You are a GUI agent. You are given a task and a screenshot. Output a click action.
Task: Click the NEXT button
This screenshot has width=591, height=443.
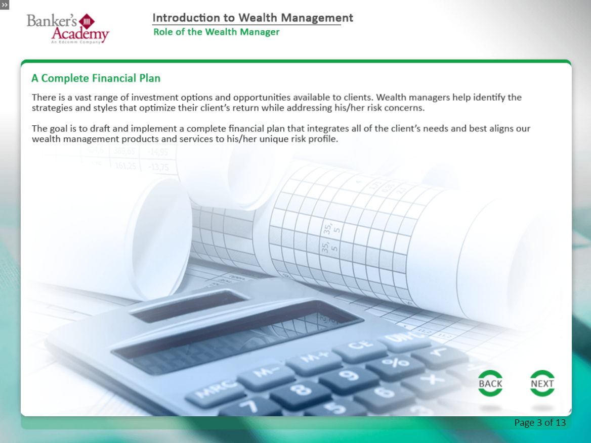click(x=542, y=383)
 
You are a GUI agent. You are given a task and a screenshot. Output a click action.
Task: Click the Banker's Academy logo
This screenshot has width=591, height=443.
click(x=68, y=29)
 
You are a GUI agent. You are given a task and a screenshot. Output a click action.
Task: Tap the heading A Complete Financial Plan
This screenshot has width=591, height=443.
click(x=96, y=78)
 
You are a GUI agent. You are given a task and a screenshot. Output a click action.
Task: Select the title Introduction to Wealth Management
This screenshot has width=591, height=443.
click(x=252, y=18)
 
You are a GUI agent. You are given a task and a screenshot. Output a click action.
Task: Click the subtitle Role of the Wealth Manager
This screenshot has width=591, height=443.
click(x=217, y=32)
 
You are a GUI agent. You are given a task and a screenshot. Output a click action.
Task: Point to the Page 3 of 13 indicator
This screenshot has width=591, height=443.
click(x=540, y=422)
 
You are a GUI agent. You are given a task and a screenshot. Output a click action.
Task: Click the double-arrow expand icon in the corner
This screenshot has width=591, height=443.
click(x=5, y=5)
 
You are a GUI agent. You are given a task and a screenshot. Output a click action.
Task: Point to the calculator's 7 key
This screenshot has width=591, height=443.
click(x=249, y=406)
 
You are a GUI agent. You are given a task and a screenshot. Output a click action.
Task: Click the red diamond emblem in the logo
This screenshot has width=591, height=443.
click(x=87, y=21)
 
